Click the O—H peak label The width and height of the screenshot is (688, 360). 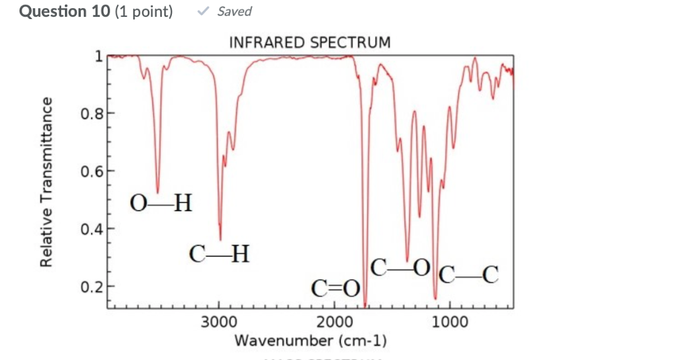(x=161, y=202)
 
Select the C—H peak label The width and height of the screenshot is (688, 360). (x=220, y=254)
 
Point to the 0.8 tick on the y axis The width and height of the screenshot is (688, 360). (x=91, y=114)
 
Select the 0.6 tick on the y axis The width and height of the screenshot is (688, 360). (x=91, y=171)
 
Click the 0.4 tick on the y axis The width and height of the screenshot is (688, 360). (x=91, y=229)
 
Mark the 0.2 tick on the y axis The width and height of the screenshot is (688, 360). (x=91, y=287)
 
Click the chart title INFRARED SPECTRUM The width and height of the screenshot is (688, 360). (x=310, y=43)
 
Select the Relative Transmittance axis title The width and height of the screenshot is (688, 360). (x=46, y=181)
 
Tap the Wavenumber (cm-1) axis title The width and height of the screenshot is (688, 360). (x=310, y=341)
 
